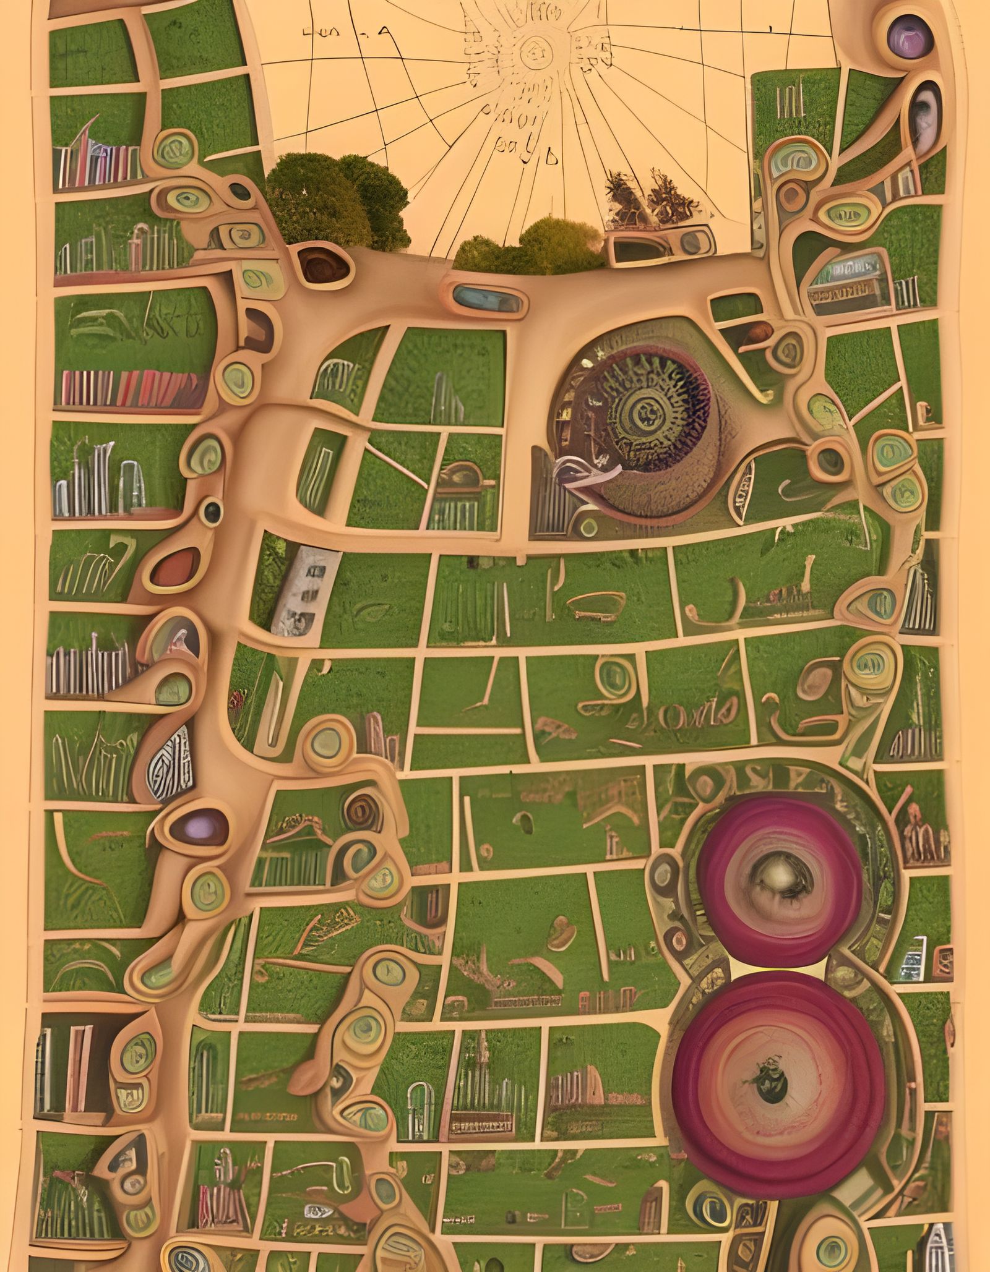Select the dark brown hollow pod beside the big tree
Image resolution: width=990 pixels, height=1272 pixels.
[x=322, y=266]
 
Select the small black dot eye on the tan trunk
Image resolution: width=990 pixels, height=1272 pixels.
[x=212, y=510]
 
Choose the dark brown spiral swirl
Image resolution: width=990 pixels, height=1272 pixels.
[x=359, y=810]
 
